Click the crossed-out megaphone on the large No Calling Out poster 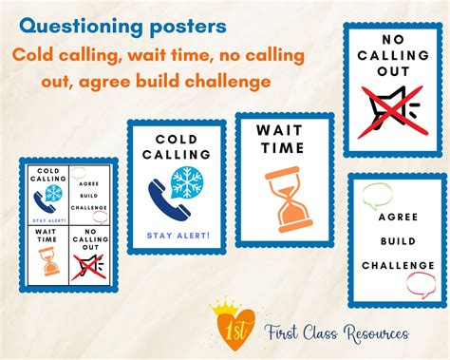pos(390,104)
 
